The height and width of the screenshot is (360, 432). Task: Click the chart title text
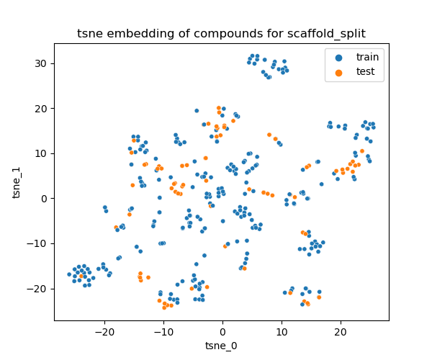(x=221, y=34)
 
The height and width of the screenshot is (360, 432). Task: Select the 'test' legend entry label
(x=364, y=71)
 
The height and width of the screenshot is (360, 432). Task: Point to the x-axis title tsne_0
(x=221, y=346)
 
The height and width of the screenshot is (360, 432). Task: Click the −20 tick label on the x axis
(x=104, y=331)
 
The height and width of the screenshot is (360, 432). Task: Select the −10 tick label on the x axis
(x=163, y=331)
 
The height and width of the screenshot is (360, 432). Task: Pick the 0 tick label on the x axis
(x=222, y=331)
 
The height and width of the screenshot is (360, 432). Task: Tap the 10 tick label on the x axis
(x=282, y=331)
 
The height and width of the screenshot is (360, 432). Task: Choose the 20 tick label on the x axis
(x=341, y=331)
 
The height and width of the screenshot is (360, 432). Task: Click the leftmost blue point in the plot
(x=69, y=274)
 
